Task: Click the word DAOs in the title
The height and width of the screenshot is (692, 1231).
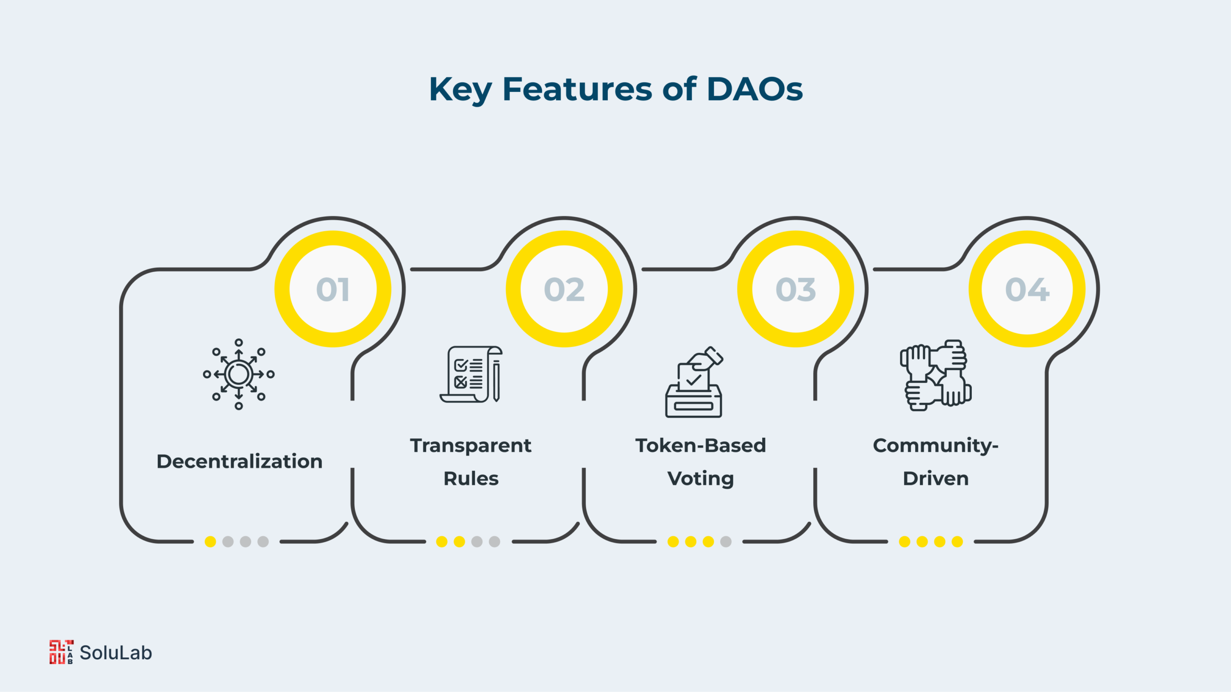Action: click(x=755, y=89)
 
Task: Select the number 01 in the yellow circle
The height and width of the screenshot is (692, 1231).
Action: click(x=333, y=289)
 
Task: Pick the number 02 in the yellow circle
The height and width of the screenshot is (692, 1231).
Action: click(x=564, y=289)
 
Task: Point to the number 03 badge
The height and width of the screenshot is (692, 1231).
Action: click(x=796, y=289)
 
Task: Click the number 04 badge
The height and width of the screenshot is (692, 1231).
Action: click(x=1027, y=289)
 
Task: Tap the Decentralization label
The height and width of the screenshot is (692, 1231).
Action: click(x=239, y=461)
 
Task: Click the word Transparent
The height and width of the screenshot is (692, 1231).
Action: click(x=471, y=445)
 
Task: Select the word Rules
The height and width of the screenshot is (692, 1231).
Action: click(x=471, y=479)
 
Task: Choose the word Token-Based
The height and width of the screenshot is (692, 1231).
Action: click(x=701, y=445)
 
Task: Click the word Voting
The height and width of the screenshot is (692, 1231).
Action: click(x=701, y=479)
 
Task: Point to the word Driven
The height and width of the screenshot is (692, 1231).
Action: click(x=936, y=479)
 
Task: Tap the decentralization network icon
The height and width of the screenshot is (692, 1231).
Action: click(x=239, y=374)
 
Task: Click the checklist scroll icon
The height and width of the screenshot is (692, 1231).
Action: click(x=471, y=374)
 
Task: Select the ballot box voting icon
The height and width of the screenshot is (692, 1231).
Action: click(x=694, y=382)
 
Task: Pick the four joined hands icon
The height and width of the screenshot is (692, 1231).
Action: click(x=936, y=375)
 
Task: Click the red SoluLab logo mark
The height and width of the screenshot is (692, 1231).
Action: click(x=62, y=652)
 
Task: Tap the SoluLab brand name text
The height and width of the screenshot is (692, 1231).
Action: click(x=116, y=653)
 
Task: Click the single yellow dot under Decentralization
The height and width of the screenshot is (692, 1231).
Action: click(x=210, y=542)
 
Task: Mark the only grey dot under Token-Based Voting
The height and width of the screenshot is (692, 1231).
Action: click(x=726, y=542)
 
